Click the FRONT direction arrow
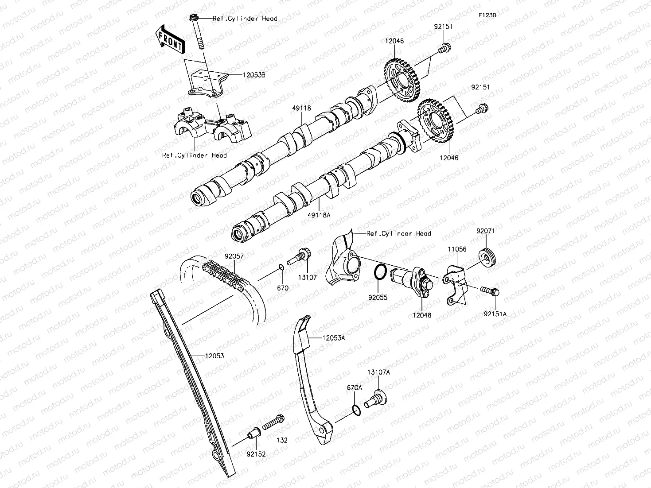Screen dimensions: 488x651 (170, 39)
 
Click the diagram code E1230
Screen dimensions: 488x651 (487, 15)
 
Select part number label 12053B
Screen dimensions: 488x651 (254, 75)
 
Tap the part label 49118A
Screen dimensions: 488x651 (320, 215)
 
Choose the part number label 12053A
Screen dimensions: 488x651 (333, 338)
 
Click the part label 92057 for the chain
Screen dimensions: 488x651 (234, 256)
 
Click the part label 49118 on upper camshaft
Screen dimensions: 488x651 (302, 108)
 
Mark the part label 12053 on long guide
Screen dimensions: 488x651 (214, 356)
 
